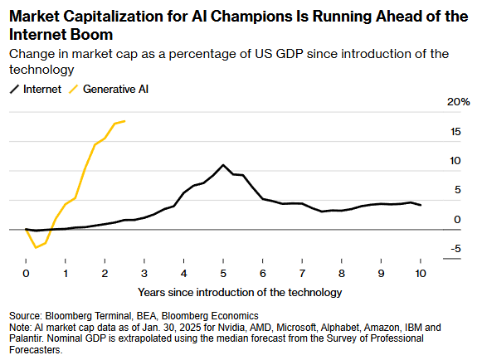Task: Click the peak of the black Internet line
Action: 223,165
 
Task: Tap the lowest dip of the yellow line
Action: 36,247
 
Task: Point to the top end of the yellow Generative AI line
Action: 124,121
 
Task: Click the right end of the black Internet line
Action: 421,205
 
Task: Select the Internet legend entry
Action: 36,89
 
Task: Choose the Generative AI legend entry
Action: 109,89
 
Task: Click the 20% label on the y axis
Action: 458,102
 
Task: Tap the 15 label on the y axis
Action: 455,132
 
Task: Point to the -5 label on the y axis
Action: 455,248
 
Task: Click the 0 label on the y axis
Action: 457,220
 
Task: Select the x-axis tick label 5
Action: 223,273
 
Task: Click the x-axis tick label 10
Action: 421,273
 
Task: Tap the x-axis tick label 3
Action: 144,273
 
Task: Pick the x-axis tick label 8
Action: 342,273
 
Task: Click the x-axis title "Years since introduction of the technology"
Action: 240,292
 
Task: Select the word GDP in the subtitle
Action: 290,54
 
